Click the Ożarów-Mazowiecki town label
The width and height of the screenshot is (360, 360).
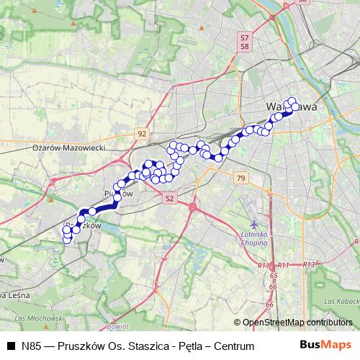click(x=69, y=147)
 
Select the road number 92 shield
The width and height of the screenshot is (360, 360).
click(x=142, y=134)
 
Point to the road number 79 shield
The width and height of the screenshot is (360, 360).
click(x=240, y=178)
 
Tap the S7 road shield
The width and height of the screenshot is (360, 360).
click(x=245, y=37)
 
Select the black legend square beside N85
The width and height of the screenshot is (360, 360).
click(x=11, y=346)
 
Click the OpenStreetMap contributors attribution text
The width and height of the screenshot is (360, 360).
click(x=297, y=322)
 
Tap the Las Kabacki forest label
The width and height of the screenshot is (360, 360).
click(x=339, y=300)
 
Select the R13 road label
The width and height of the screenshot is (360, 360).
click(x=309, y=265)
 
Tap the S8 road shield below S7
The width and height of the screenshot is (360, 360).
click(x=245, y=45)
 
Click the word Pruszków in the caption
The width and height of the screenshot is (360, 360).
click(x=81, y=346)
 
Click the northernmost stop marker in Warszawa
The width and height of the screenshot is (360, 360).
click(x=292, y=102)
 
